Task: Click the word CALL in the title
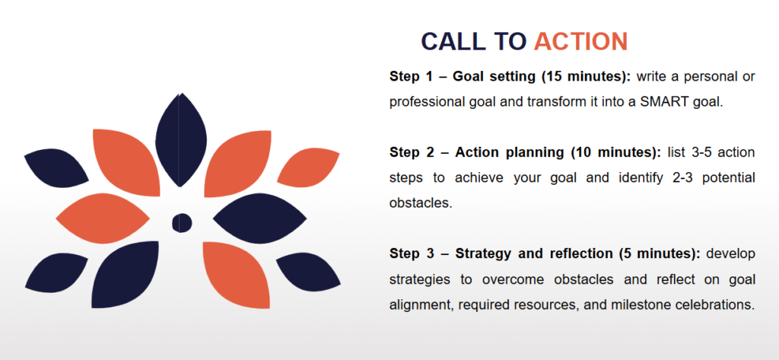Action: click(x=453, y=41)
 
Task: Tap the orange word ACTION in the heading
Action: click(x=580, y=41)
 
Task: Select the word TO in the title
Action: click(x=510, y=41)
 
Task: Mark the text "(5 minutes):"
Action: click(x=660, y=253)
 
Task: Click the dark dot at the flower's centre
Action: click(x=182, y=223)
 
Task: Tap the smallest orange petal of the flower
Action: click(x=308, y=167)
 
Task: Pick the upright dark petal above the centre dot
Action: click(x=181, y=140)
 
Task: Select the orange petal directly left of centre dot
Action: click(x=103, y=218)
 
